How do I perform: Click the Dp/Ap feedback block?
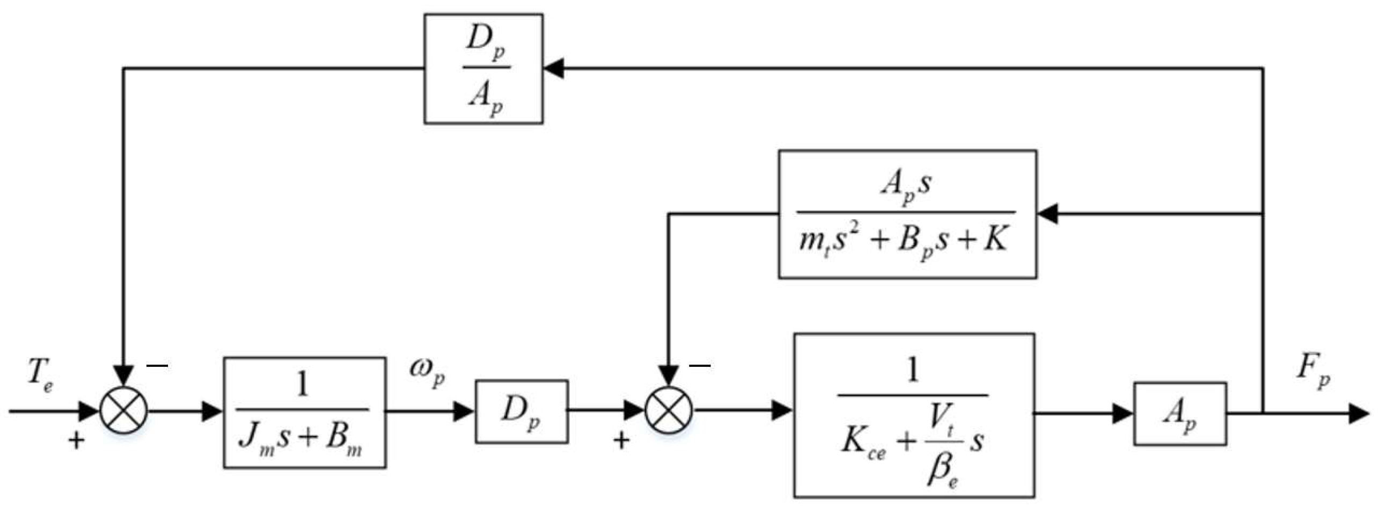coord(483,69)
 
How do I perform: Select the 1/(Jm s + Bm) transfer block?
coord(304,413)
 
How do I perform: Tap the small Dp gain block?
coord(521,411)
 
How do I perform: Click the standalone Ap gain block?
coord(1179,414)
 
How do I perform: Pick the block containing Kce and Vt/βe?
coord(914,415)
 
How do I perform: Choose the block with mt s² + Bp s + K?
coord(907,214)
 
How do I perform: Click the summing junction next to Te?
coord(124,411)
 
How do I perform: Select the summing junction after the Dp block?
coord(669,411)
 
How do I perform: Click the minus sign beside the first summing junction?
coord(157,366)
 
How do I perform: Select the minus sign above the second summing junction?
coord(700,366)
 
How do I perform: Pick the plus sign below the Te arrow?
coord(76,441)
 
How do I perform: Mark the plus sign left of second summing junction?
coord(621,441)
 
